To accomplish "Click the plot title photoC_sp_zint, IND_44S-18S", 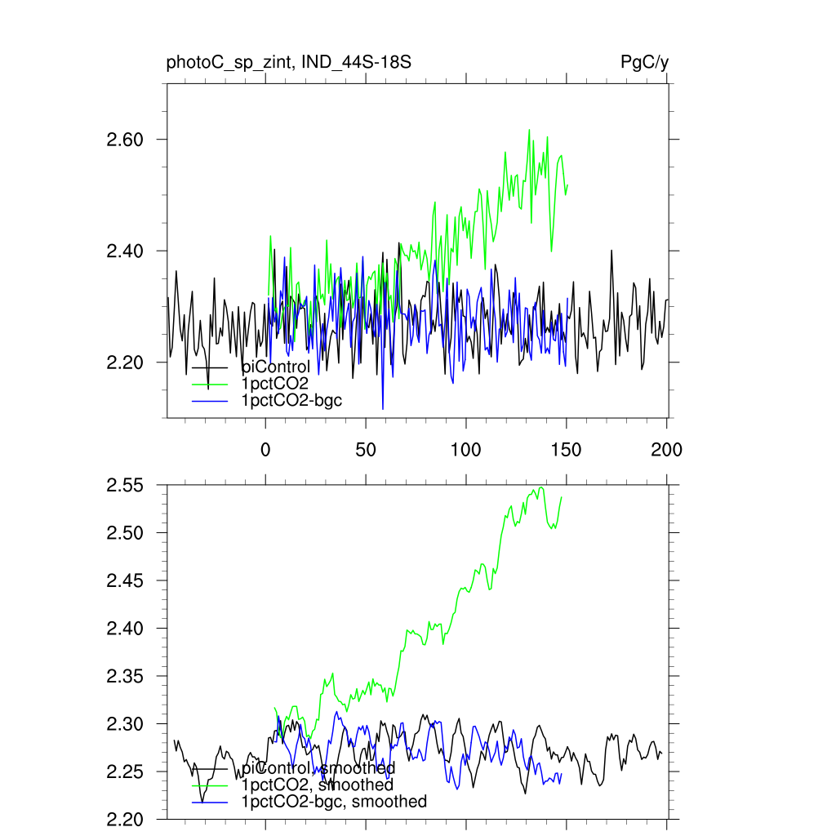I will (x=294, y=62).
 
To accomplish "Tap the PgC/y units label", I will (x=645, y=62).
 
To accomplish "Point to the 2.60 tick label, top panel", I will (x=125, y=140).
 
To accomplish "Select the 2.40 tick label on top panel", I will (x=125, y=251).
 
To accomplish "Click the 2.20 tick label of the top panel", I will (x=125, y=362).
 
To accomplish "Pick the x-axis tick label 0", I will (x=265, y=449).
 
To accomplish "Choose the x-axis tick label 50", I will (x=366, y=449).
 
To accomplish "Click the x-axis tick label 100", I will (x=466, y=449).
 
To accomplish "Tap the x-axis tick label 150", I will (x=567, y=449).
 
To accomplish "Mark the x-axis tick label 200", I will (x=667, y=449).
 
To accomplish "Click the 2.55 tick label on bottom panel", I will (x=125, y=486).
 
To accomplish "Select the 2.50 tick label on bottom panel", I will (x=125, y=533).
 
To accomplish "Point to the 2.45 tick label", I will (x=125, y=581).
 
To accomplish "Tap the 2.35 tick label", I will (x=125, y=677).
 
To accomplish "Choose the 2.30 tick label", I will (x=125, y=724).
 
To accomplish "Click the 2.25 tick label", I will (x=125, y=772).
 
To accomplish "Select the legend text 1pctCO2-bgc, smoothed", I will (x=334, y=802).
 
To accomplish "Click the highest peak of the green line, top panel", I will (x=529, y=130).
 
